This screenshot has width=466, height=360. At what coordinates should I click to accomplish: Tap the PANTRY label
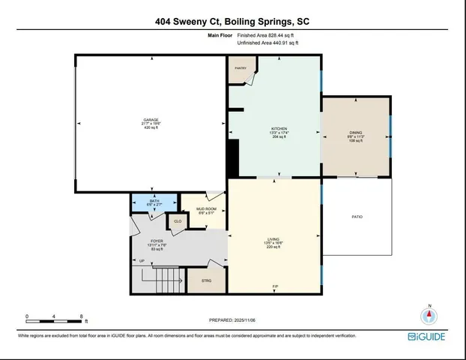pyautogui.click(x=241, y=68)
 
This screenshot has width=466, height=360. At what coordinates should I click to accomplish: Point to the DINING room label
pyautogui.click(x=355, y=134)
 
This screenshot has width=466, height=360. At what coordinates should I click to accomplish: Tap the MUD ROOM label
pyautogui.click(x=206, y=209)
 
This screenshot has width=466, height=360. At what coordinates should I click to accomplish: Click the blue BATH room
pyautogui.click(x=154, y=202)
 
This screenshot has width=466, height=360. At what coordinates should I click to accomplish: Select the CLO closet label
pyautogui.click(x=178, y=222)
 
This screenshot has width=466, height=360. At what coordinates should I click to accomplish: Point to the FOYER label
pyautogui.click(x=157, y=240)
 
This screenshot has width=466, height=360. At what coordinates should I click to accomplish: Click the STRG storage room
pyautogui.click(x=207, y=280)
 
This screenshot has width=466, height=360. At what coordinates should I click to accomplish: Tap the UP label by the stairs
pyautogui.click(x=142, y=260)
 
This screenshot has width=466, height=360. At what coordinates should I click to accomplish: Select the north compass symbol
pyautogui.click(x=429, y=316)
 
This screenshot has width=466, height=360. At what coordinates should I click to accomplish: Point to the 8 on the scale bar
pyautogui.click(x=81, y=316)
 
